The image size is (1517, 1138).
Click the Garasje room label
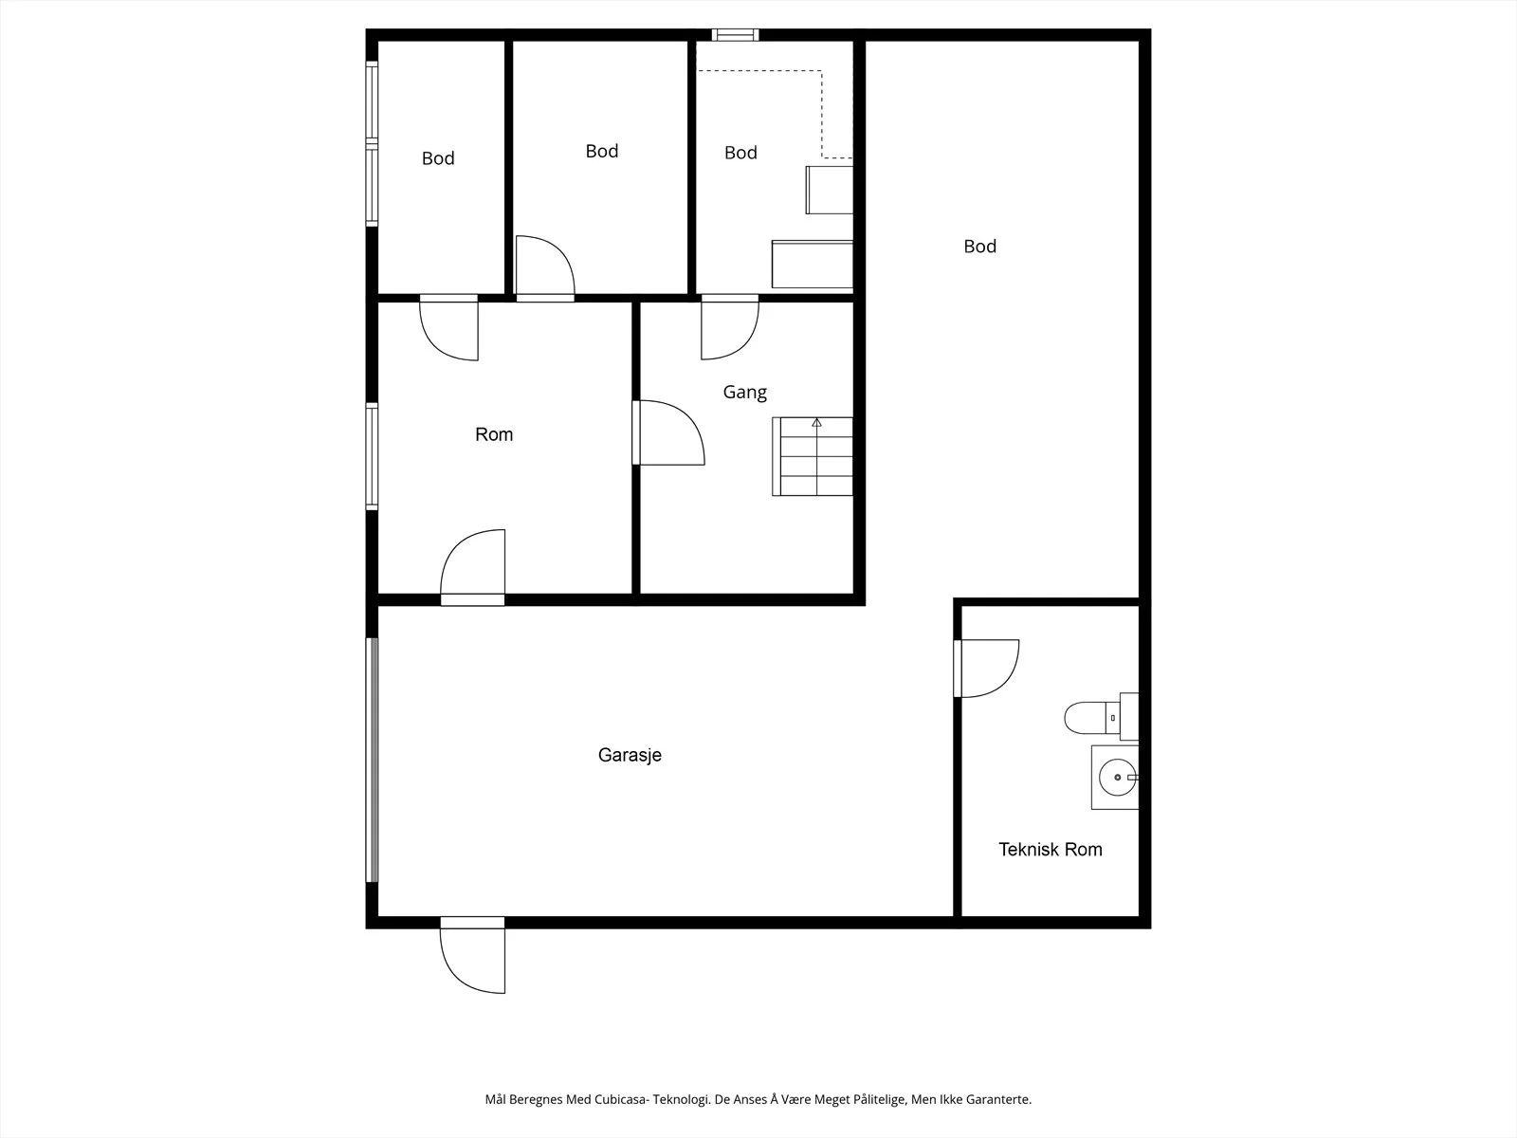click(x=630, y=755)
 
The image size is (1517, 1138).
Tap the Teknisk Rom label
click(x=1050, y=849)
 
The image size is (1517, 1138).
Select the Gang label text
click(x=744, y=393)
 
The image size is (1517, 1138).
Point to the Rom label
click(x=493, y=434)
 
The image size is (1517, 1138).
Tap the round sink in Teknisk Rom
click(x=1117, y=778)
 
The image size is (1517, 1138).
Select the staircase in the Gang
click(x=812, y=456)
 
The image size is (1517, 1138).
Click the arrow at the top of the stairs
click(x=816, y=422)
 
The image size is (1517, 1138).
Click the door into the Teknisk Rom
click(x=986, y=669)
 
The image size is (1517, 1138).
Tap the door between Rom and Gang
click(x=668, y=432)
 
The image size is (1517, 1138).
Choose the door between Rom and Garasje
click(x=473, y=567)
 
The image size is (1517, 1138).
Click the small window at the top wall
click(x=736, y=34)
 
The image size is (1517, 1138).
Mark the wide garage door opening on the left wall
click(x=372, y=760)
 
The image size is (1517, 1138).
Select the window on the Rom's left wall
click(x=372, y=457)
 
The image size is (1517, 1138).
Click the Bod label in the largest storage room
click(x=980, y=247)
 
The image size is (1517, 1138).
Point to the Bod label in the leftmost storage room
click(x=438, y=158)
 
